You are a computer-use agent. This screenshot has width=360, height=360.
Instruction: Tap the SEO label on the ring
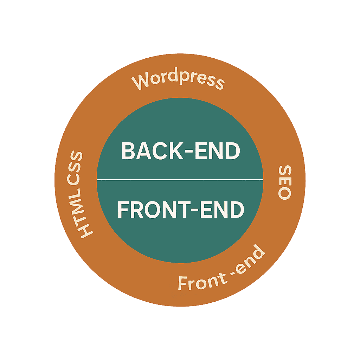[x=284, y=182]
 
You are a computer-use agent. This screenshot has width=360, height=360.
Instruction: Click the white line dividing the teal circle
[x=180, y=180]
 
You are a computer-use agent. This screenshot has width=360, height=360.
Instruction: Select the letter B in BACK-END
[x=129, y=151]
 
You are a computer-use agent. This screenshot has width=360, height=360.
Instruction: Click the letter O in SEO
[x=284, y=193]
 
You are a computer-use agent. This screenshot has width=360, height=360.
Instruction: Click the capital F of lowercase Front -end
[x=184, y=283]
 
